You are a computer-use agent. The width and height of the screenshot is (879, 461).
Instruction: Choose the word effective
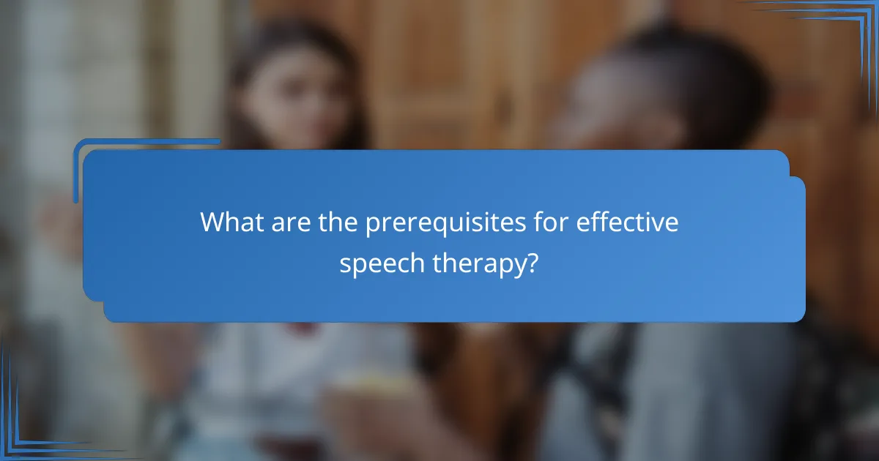point(627,222)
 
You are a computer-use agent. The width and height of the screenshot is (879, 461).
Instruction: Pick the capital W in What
point(212,222)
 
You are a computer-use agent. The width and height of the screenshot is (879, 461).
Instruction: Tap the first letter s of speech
point(344,265)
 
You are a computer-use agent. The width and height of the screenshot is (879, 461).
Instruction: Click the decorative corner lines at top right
point(850,29)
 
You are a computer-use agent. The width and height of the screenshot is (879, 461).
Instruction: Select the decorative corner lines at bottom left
point(29,432)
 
